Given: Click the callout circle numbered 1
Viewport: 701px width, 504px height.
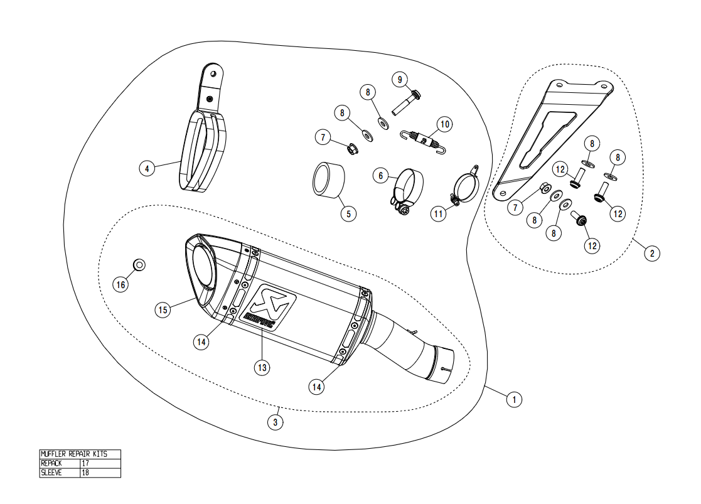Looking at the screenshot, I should [x=514, y=399].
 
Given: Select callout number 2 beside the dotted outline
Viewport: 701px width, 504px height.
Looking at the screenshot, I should [x=652, y=253].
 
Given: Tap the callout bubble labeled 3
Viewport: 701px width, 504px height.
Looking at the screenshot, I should [x=275, y=422].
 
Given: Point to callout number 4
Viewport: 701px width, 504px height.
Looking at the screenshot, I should [x=147, y=168].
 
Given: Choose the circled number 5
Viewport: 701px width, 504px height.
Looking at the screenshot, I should [x=348, y=213].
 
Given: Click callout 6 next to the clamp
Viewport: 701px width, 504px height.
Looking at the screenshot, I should [x=380, y=176].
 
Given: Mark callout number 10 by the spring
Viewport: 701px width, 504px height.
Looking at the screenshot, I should [x=444, y=124].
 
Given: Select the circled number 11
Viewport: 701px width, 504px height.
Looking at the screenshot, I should [x=438, y=213].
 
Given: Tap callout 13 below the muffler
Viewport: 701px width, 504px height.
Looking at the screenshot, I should [x=262, y=367].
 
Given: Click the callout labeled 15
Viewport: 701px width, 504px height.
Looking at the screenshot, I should [x=163, y=309].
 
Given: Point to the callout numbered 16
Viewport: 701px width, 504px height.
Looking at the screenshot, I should [x=120, y=284].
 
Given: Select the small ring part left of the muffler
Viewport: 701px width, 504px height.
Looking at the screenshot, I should [x=140, y=264].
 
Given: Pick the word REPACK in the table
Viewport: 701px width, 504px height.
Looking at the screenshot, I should [x=51, y=463].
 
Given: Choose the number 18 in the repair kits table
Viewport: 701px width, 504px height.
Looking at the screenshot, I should [x=85, y=473].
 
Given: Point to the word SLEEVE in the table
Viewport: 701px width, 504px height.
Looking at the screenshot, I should [x=51, y=473].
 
